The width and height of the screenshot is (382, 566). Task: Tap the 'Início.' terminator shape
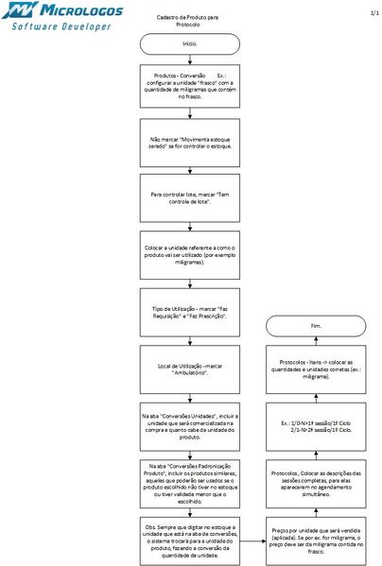[x=189, y=43]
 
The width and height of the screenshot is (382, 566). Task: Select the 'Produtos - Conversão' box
[x=189, y=83]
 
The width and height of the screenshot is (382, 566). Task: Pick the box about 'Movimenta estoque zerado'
[x=189, y=146]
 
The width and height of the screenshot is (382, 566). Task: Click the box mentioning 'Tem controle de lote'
[x=189, y=199]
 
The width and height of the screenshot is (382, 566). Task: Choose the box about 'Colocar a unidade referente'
[x=189, y=253]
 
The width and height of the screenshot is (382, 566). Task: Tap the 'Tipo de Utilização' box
[x=189, y=313]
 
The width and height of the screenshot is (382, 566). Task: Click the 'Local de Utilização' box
[x=189, y=368]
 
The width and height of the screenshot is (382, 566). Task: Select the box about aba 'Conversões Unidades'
[x=189, y=426]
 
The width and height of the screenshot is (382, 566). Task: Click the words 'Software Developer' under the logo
[x=61, y=26]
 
